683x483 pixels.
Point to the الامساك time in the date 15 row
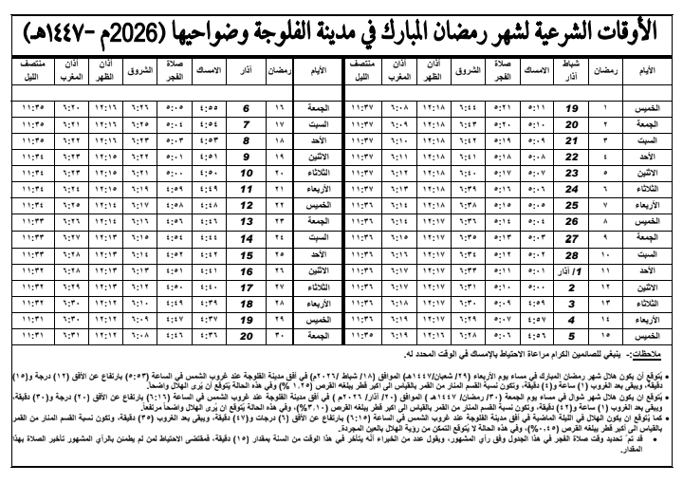(210, 255)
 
